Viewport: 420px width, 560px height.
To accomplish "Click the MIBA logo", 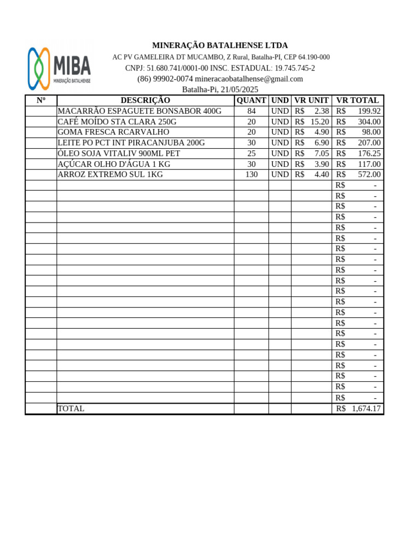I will [x=59, y=68].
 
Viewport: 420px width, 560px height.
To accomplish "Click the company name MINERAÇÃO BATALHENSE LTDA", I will [x=220, y=45].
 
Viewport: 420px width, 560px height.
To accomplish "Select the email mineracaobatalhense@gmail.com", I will [x=249, y=79].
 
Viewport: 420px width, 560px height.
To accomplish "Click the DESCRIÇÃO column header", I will [x=145, y=100].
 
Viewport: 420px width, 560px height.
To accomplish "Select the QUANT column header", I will [x=252, y=100].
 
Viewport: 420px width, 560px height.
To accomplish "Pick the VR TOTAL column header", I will [x=358, y=100].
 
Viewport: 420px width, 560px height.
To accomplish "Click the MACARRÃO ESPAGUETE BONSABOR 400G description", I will [x=139, y=111].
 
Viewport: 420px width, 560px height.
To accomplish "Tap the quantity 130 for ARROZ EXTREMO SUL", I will [x=252, y=174].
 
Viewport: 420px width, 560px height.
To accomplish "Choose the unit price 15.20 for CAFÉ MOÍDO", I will [x=320, y=121].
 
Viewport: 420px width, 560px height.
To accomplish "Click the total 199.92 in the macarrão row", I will [x=369, y=111].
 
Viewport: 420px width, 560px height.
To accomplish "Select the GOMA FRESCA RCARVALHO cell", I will [x=113, y=132].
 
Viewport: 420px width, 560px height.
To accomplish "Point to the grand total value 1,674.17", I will [x=366, y=409].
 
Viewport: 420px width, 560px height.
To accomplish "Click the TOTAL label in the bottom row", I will [x=71, y=409].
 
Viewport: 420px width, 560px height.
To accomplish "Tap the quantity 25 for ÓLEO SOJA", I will [x=252, y=153].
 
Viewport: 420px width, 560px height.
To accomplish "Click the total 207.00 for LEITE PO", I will [x=369, y=143].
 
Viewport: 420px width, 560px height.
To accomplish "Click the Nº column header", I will [x=41, y=100].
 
